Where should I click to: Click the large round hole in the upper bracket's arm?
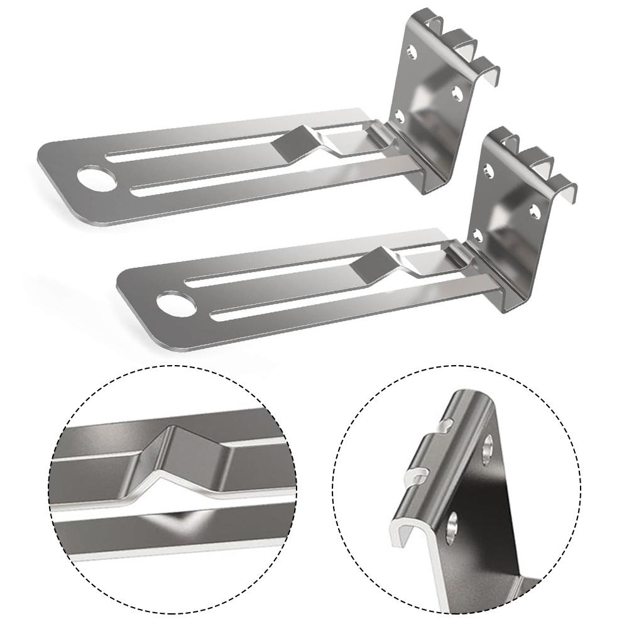(99, 178)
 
